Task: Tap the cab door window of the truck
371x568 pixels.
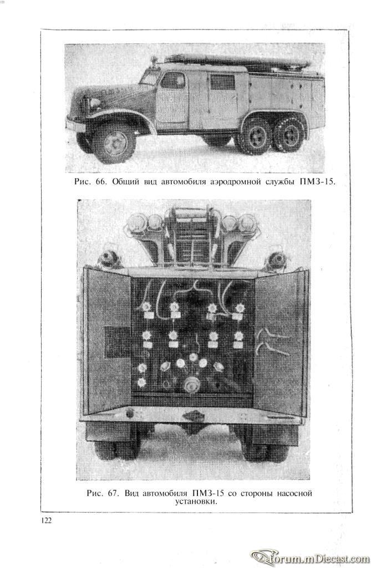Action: coord(172,80)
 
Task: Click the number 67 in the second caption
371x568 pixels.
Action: coord(113,493)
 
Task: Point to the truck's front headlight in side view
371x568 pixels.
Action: coord(95,104)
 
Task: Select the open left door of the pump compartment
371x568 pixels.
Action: coord(107,342)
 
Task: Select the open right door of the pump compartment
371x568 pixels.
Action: coord(280,342)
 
